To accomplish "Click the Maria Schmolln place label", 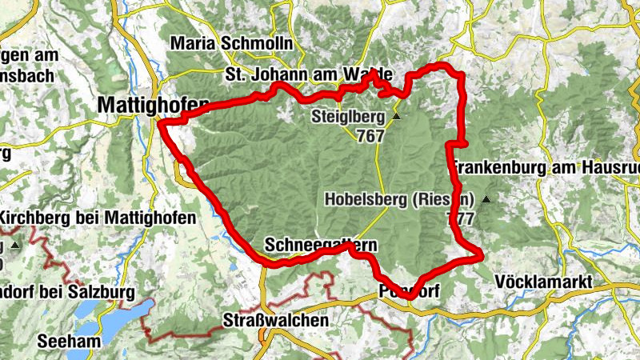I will pyautogui.click(x=231, y=42).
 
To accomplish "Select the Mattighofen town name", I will pyautogui.click(x=152, y=104).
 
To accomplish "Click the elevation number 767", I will pyautogui.click(x=370, y=136).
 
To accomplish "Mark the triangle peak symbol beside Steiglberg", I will pyautogui.click(x=395, y=117).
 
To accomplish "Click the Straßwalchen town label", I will pyautogui.click(x=274, y=321).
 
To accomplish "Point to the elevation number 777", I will pyautogui.click(x=462, y=218).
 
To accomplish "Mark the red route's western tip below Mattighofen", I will pyautogui.click(x=160, y=124).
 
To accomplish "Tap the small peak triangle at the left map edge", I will pyautogui.click(x=14, y=243).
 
